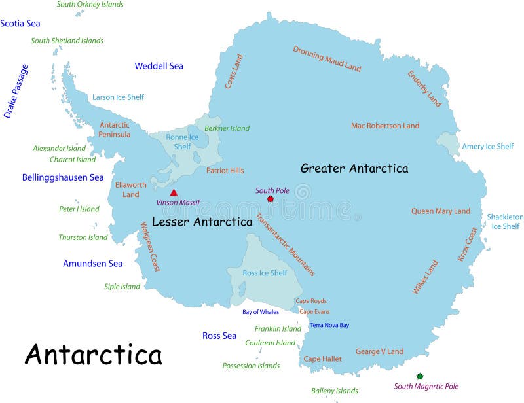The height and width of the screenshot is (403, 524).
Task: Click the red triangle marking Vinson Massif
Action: tap(174, 192)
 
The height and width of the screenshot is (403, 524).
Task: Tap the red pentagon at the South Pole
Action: tap(270, 199)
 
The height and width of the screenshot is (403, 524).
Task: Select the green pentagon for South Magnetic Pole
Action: tap(419, 376)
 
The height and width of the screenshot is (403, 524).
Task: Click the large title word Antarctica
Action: tap(93, 355)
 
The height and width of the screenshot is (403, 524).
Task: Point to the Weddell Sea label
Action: tap(159, 66)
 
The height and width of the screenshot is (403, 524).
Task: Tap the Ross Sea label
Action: tap(219, 336)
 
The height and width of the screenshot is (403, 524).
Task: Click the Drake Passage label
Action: tap(16, 91)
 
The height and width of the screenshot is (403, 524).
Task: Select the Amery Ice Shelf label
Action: tap(488, 147)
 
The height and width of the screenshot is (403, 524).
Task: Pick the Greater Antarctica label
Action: tap(354, 169)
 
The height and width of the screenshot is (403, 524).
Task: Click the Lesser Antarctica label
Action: tap(202, 222)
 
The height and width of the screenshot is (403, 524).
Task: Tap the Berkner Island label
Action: tap(227, 128)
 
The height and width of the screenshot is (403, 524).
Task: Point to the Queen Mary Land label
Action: tap(441, 211)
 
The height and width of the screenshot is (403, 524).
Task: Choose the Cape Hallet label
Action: tap(322, 359)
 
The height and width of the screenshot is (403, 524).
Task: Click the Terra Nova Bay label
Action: tap(329, 325)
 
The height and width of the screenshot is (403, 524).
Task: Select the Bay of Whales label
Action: tap(261, 312)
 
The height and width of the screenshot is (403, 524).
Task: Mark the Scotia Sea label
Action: tap(20, 24)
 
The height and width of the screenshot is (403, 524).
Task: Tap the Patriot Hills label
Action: tap(225, 171)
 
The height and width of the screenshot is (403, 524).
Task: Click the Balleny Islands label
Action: tap(335, 391)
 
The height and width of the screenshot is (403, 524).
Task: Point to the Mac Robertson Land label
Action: tap(385, 126)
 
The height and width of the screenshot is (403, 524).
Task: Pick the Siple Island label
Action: tap(122, 287)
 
